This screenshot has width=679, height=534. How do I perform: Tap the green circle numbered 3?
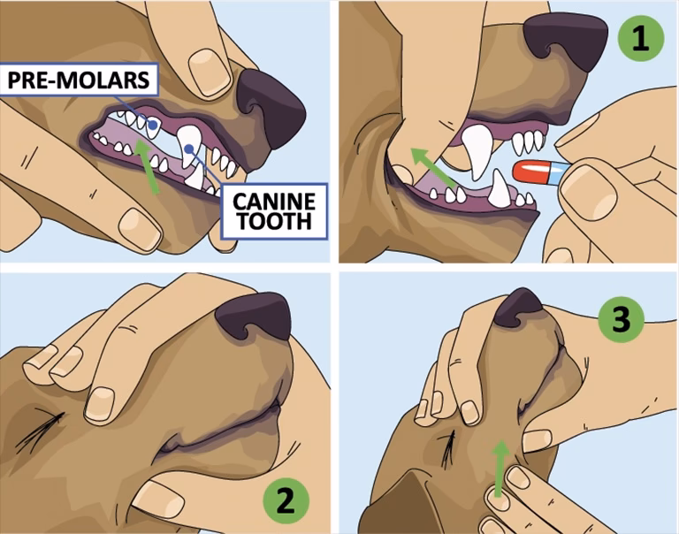point(622,321)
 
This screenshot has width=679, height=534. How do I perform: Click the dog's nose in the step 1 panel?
point(566,40)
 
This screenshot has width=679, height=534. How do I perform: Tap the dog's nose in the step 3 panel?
point(520,306)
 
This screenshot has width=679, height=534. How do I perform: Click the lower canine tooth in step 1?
point(501,188)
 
